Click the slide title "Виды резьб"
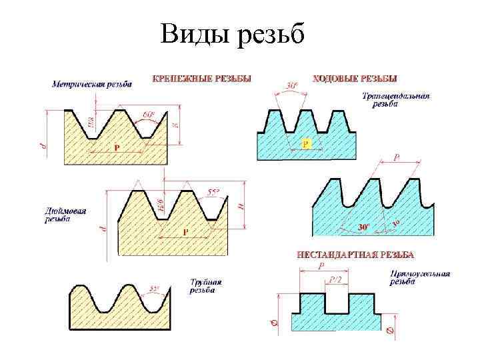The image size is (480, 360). click(x=232, y=34)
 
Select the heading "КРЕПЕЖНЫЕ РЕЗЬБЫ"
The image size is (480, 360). click(x=202, y=78)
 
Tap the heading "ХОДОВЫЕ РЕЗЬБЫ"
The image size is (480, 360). click(x=355, y=78)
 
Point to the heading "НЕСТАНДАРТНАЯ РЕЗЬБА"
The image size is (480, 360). click(x=355, y=255)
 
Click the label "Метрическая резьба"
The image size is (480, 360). click(x=92, y=84)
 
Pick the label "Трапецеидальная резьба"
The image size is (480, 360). click(x=396, y=100)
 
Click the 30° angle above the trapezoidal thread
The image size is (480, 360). click(x=292, y=86)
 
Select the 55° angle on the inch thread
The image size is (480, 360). click(x=214, y=193)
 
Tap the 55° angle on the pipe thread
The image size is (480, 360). click(x=155, y=289)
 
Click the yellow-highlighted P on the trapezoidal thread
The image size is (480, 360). click(x=305, y=143)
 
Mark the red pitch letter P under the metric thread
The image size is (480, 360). click(x=117, y=147)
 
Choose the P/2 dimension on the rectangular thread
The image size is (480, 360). click(x=338, y=281)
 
